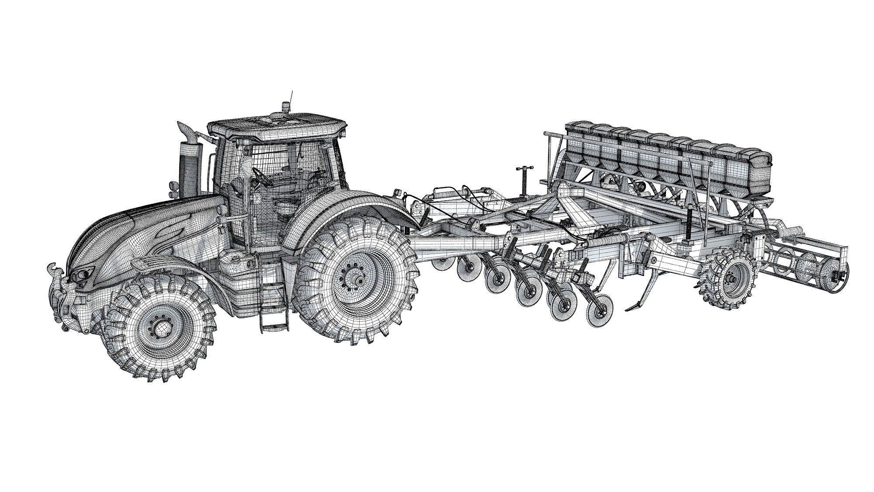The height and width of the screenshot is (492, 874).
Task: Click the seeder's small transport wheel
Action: (728, 278)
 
